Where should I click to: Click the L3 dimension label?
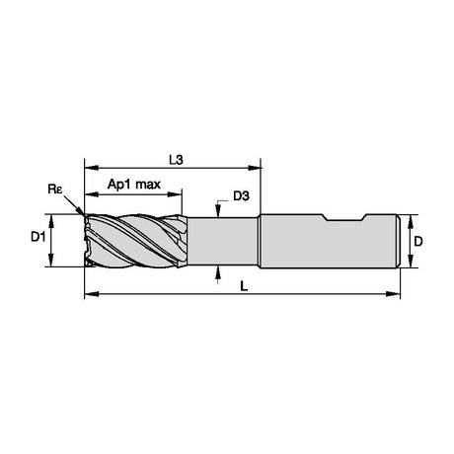[x=176, y=160]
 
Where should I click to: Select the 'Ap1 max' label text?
[x=134, y=185]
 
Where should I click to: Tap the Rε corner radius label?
[x=55, y=189]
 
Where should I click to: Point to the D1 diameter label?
[x=38, y=237]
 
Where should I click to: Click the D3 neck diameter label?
[x=241, y=196]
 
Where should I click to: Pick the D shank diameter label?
[x=418, y=242]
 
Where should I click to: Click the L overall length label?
[x=244, y=286]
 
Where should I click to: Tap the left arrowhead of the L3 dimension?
[x=92, y=168]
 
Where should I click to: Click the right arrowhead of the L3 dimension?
[x=255, y=168]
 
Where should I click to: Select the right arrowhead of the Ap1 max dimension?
[x=175, y=194]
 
